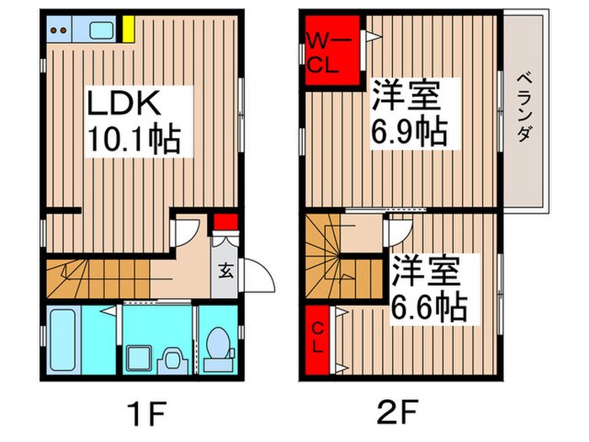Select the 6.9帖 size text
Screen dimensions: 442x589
(411, 130)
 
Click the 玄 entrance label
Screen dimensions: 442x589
(226, 271)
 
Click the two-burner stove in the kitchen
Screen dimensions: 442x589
(58, 32)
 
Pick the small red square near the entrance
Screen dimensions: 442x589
(224, 223)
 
